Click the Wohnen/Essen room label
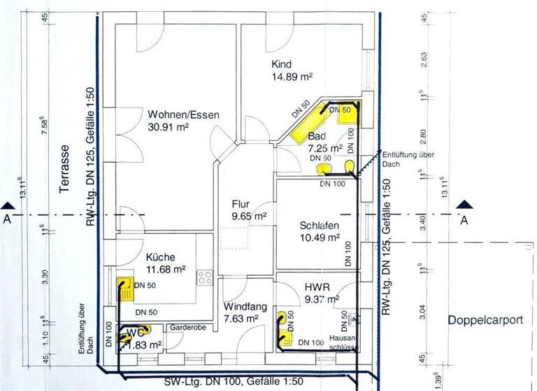point(183,115)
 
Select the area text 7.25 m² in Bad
point(325,148)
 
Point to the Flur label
point(241,205)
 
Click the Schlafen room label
point(319,226)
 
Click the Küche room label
point(161,256)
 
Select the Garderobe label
point(185,327)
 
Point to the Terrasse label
point(65,163)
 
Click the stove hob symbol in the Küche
point(206,276)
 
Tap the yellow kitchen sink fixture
point(123,288)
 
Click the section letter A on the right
point(463,221)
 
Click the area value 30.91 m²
point(168,128)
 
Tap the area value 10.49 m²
point(319,238)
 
